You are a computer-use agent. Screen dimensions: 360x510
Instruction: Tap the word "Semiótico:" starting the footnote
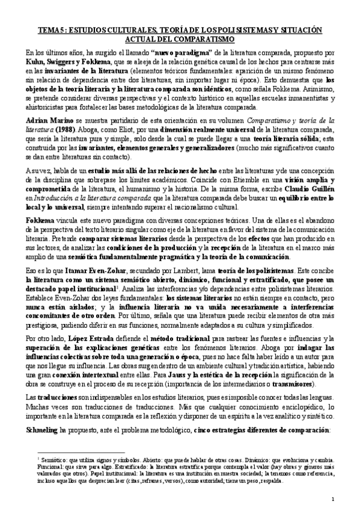click(x=54, y=459)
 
